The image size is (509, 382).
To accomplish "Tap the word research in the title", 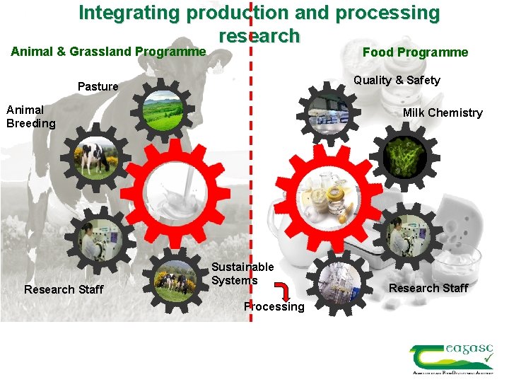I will coord(259,35).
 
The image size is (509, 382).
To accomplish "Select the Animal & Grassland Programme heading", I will coord(108,51).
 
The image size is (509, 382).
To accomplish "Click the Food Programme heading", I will coord(415,52).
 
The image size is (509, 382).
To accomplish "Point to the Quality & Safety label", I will coord(397,81).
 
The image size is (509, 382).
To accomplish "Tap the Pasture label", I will coord(98,86).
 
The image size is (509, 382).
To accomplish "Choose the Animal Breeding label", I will coord(30,117).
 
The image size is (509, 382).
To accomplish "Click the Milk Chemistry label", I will coord(443,113).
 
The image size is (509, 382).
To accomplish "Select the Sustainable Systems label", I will coord(242,274).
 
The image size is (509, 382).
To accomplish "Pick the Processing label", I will coord(274,307).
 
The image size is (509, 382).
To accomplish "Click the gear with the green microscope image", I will coord(404,157).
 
